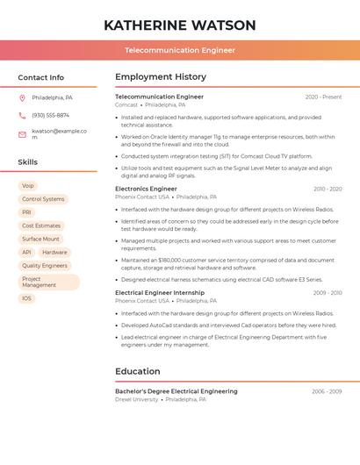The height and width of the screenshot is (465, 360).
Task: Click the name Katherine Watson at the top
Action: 180,25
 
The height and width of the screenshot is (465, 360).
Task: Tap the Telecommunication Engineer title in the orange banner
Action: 180,50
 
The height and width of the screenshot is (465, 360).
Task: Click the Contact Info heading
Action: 41,77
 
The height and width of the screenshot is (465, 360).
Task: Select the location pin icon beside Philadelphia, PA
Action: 22,97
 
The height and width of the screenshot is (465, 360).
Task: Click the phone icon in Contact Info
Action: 22,115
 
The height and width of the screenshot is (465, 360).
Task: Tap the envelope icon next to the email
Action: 22,134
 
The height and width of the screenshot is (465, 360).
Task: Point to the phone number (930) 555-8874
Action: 50,115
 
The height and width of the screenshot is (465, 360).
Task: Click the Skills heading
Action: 28,162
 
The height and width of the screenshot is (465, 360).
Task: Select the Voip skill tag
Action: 28,186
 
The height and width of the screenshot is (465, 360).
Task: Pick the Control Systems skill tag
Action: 43,199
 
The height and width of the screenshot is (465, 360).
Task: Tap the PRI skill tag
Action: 27,212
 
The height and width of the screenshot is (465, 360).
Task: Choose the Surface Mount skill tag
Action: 41,239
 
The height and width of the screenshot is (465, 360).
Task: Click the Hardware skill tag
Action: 54,252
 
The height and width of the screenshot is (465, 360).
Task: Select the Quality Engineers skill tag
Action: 45,265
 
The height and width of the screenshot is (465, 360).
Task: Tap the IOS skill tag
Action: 27,298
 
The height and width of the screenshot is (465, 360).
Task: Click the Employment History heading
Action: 161,77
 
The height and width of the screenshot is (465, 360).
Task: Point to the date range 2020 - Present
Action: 323,97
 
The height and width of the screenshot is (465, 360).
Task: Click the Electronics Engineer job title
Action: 146,189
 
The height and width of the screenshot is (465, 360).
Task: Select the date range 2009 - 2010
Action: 327,292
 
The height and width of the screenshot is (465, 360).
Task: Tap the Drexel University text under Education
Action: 137,399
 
